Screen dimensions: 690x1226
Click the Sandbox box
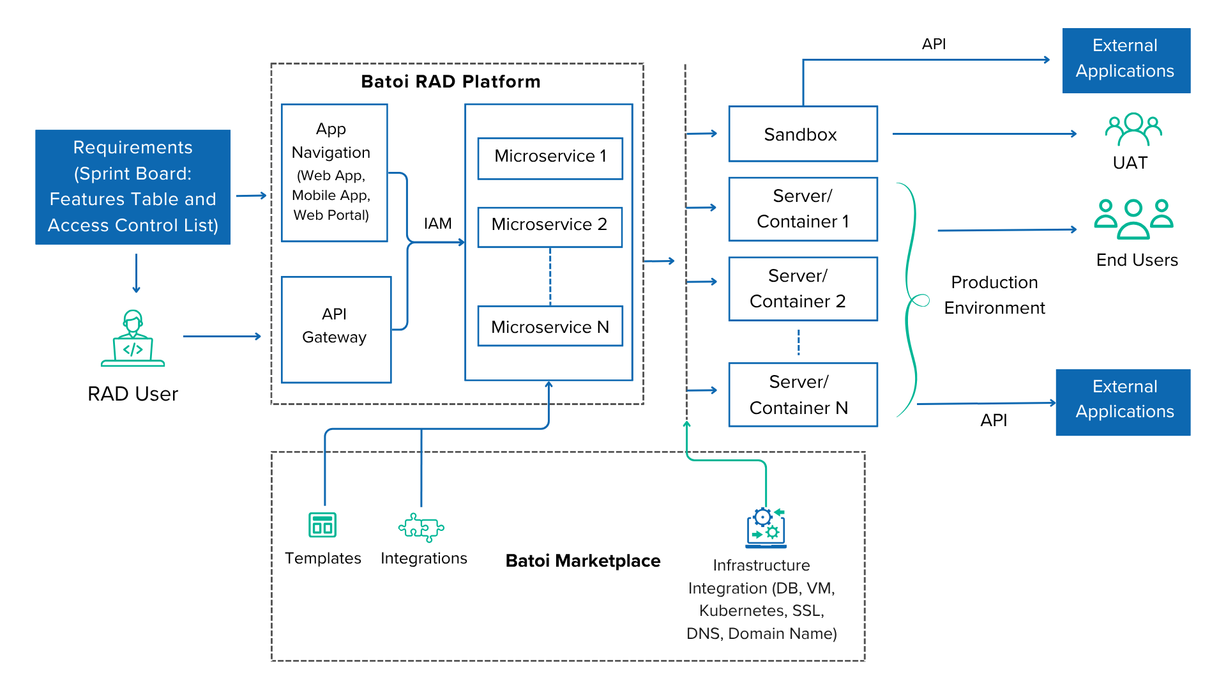coord(803,134)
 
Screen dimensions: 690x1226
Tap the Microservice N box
coord(550,326)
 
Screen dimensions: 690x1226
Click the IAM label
coord(437,224)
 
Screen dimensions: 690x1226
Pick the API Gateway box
coord(335,329)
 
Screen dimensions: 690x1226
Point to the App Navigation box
coord(334,172)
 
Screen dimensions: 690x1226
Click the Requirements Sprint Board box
coord(133,187)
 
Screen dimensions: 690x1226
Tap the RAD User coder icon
coord(133,339)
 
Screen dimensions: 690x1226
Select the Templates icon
coord(322,525)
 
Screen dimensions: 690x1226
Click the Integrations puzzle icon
coord(421,527)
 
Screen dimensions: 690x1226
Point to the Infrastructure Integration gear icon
coord(766,528)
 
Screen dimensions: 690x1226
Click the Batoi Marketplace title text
coord(583,561)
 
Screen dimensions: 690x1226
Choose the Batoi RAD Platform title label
coord(450,82)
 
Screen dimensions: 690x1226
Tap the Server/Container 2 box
coord(803,289)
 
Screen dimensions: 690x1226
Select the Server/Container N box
coord(803,395)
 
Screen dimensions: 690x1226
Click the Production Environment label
coord(994,295)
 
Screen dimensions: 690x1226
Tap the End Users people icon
coord(1133,218)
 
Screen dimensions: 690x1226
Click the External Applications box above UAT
coord(1126,61)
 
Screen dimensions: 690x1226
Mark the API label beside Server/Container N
coord(995,420)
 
